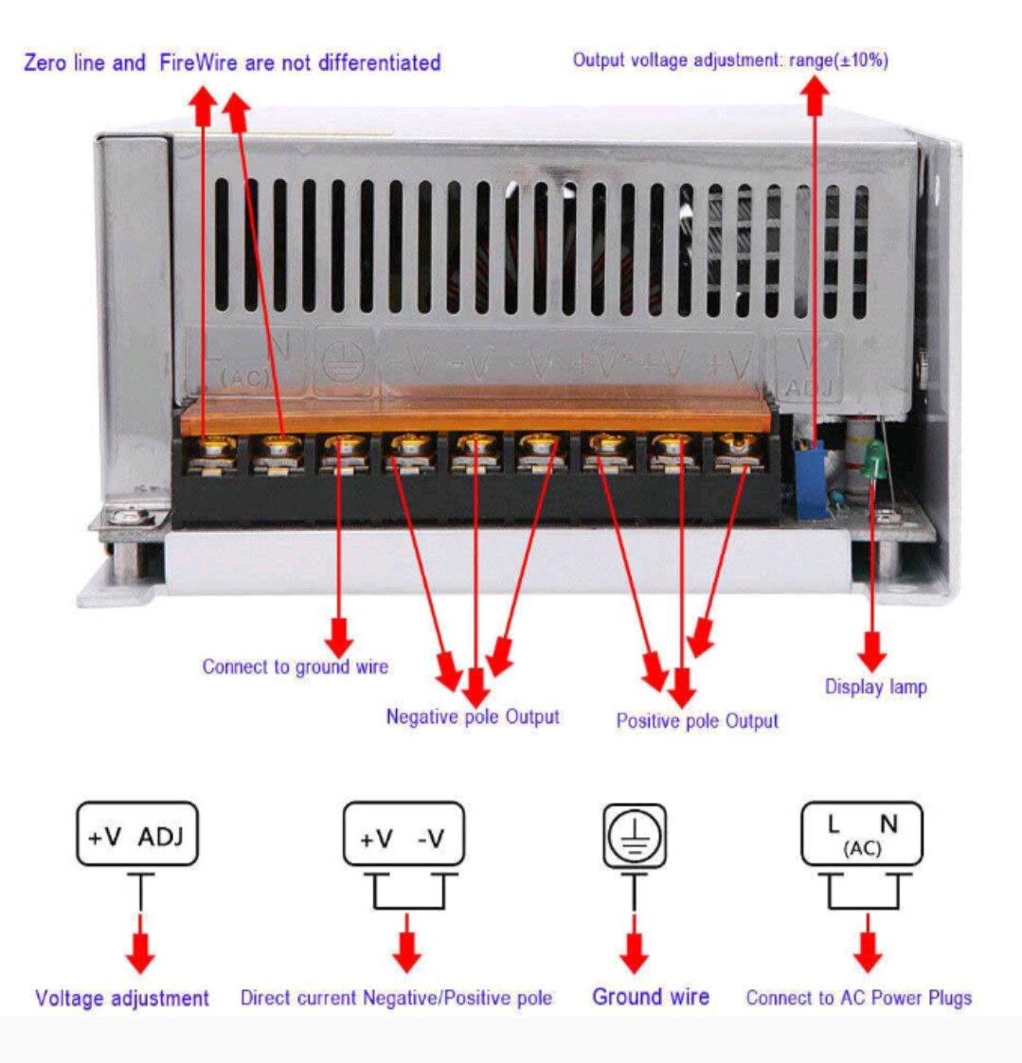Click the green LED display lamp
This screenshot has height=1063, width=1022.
click(x=876, y=461)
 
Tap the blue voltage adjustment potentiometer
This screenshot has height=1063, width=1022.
click(x=810, y=480)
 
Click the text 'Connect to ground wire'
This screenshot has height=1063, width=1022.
click(x=295, y=666)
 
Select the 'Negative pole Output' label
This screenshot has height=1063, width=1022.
click(x=473, y=717)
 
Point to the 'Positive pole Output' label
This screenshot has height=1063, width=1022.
click(x=697, y=720)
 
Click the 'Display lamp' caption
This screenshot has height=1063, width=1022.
click(x=875, y=687)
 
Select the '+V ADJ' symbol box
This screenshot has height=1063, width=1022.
click(x=137, y=835)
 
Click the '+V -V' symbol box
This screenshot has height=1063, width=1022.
click(x=403, y=835)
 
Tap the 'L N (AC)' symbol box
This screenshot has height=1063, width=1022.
click(x=861, y=833)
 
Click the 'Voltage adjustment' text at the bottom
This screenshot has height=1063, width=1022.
click(x=122, y=998)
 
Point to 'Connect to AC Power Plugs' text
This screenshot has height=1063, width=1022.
click(x=858, y=998)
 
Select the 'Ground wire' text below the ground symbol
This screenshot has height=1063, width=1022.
click(x=651, y=997)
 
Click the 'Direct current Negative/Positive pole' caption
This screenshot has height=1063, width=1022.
click(x=396, y=998)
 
